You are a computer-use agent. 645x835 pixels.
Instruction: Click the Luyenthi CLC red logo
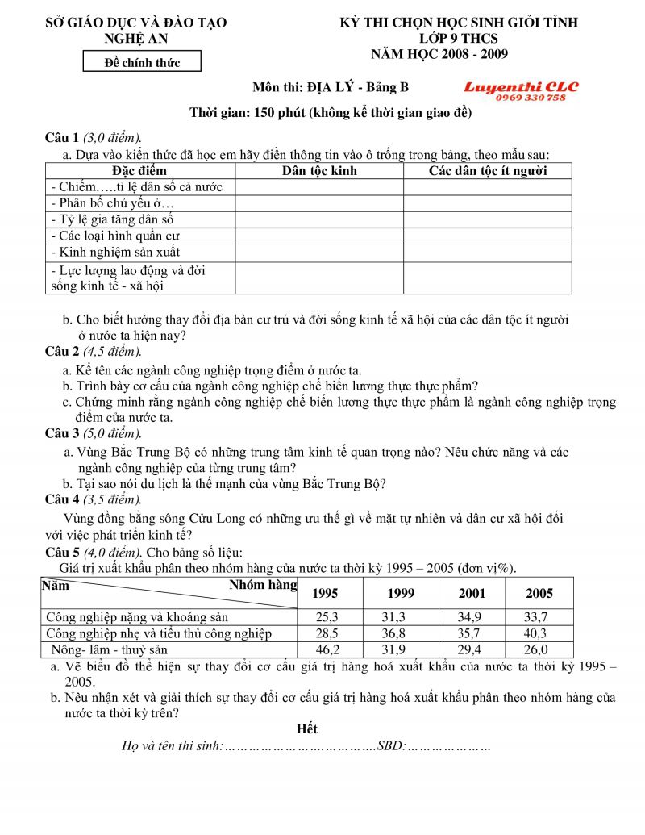click(521, 86)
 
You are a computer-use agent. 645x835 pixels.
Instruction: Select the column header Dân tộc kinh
click(319, 170)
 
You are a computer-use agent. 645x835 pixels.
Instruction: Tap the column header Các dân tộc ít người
click(487, 170)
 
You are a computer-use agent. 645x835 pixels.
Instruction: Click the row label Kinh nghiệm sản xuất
click(115, 252)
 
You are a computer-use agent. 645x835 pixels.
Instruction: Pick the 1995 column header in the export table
click(325, 593)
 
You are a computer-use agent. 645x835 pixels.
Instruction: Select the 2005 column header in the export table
click(539, 593)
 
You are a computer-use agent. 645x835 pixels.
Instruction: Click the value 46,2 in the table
click(325, 649)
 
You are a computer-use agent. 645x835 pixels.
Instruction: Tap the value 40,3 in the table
click(539, 633)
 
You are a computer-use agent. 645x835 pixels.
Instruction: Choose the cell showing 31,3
click(401, 617)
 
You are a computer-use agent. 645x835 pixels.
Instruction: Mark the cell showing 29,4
click(472, 649)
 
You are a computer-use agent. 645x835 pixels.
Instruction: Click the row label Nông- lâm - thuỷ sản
click(109, 649)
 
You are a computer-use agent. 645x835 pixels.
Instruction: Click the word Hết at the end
click(306, 729)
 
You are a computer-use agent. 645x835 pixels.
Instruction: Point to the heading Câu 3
click(62, 434)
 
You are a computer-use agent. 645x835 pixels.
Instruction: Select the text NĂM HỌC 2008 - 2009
click(439, 54)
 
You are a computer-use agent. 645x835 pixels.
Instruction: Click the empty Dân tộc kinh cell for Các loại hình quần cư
click(319, 236)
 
